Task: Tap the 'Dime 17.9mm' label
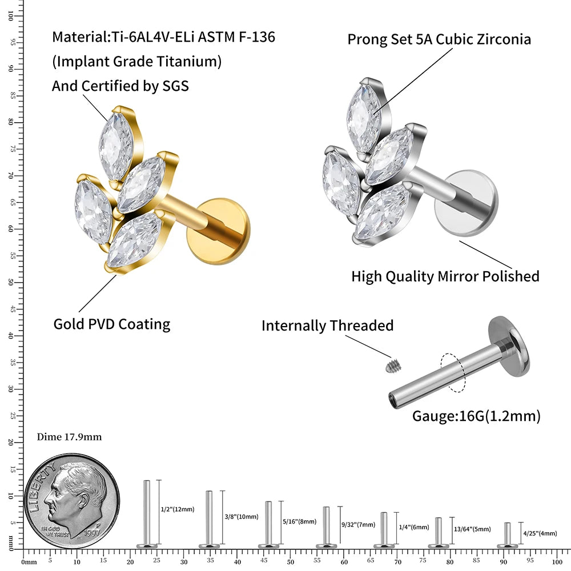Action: coord(69,437)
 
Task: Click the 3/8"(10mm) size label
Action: coord(242,517)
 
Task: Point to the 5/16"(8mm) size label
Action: coord(300,521)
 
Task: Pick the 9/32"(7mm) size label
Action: coord(358,524)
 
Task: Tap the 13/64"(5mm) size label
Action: coord(471,529)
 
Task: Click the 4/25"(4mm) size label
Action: coord(540,533)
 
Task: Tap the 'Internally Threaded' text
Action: coord(327,326)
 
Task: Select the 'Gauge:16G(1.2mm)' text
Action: coord(476,416)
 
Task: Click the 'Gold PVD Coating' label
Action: coord(112,324)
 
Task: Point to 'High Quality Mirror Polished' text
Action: coord(445,276)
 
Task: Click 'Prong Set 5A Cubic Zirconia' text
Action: coord(439,39)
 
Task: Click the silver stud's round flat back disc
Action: coord(466,203)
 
